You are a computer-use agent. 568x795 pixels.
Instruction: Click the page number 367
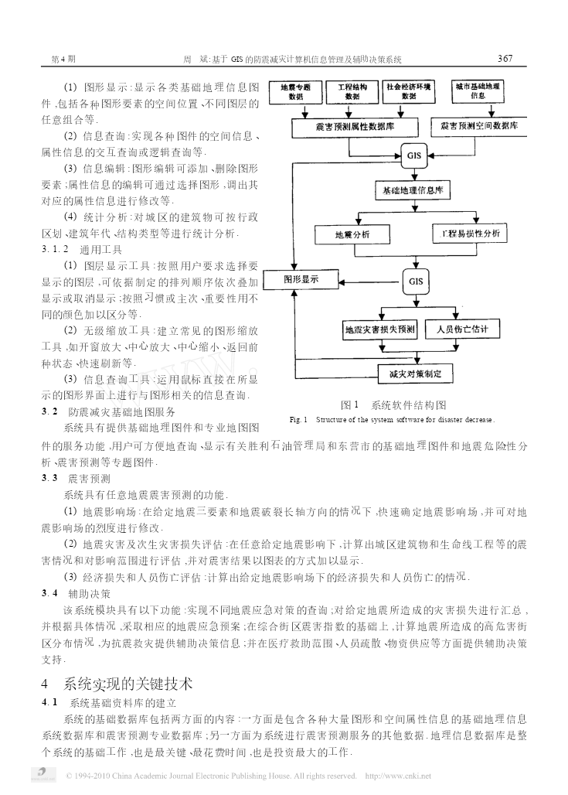click(x=505, y=58)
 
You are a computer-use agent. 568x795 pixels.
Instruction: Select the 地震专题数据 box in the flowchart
click(x=295, y=92)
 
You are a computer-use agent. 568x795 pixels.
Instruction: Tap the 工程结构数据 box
click(x=352, y=92)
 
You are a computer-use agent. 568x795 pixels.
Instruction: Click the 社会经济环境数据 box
click(x=408, y=92)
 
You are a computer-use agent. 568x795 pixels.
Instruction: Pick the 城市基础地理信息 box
click(x=478, y=91)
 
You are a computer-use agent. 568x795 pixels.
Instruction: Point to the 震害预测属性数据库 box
click(x=355, y=128)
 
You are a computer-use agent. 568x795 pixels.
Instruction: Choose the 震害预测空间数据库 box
click(x=479, y=127)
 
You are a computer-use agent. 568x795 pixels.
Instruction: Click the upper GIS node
click(x=414, y=155)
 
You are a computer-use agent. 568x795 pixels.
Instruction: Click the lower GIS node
click(x=416, y=281)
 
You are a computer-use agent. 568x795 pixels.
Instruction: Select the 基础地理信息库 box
click(x=413, y=191)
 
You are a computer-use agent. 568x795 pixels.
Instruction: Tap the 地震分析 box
click(x=352, y=234)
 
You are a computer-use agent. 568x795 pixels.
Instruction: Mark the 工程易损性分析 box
click(x=470, y=234)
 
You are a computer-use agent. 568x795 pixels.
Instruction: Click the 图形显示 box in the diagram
click(x=301, y=279)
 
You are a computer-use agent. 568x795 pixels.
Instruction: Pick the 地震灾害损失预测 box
click(x=380, y=329)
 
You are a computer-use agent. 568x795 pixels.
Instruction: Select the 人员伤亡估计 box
click(x=462, y=329)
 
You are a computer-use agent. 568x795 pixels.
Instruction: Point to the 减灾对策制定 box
click(x=416, y=374)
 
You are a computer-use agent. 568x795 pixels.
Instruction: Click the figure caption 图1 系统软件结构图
click(x=393, y=405)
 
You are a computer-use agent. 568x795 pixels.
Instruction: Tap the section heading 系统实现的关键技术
click(x=128, y=684)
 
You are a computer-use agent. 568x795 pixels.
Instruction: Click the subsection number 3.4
click(x=49, y=593)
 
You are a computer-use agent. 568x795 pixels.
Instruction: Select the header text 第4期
click(x=63, y=60)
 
